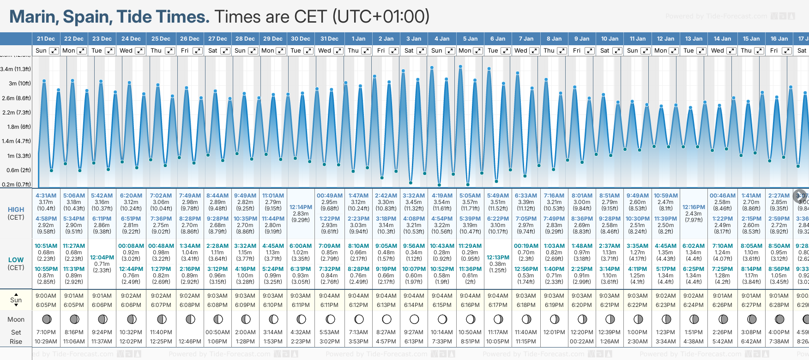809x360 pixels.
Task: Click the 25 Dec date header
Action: (161, 39)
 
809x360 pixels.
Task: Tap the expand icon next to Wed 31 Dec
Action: (338, 51)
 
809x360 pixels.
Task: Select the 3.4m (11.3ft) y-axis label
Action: (16, 69)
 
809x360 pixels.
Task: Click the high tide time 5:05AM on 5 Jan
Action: (470, 196)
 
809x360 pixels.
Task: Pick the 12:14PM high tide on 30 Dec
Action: (301, 207)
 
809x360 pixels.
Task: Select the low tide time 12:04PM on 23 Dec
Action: (102, 258)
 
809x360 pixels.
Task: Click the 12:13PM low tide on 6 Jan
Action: (498, 258)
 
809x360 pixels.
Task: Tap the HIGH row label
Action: (16, 210)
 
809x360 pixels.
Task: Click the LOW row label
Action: (16, 260)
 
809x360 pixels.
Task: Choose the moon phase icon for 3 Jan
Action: (414, 319)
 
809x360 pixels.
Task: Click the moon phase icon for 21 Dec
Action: (46, 319)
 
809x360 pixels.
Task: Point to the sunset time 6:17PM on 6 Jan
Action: (498, 305)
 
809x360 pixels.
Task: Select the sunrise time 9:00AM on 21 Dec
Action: (46, 296)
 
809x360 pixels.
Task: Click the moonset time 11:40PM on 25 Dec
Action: (161, 332)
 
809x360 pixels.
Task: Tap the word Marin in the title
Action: (34, 17)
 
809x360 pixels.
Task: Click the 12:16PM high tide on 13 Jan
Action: (694, 207)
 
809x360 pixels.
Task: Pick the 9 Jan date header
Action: (582, 39)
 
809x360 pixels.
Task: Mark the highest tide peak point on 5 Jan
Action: (460, 66)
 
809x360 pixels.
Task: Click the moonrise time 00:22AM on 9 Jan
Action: (582, 342)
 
